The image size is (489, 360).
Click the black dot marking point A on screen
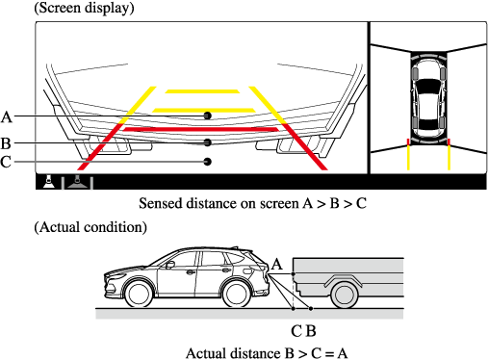click(x=208, y=116)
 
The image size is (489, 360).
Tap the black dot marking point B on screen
click(x=208, y=142)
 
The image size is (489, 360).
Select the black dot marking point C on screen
click(x=208, y=162)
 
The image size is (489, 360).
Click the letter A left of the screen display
click(x=7, y=116)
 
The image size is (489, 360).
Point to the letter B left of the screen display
click(x=6, y=143)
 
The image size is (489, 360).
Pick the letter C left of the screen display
click(x=6, y=162)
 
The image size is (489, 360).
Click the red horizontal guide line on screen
click(x=201, y=129)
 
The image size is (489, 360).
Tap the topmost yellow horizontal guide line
click(x=202, y=91)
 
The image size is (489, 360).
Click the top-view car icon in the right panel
click(x=428, y=98)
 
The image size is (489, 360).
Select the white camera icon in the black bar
click(x=49, y=182)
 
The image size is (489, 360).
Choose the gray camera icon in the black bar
click(x=77, y=182)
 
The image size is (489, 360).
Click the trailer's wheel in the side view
click(x=344, y=295)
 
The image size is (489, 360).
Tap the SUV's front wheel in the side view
click(x=139, y=294)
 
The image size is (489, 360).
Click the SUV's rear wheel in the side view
click(x=236, y=294)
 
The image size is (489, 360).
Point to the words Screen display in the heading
click(x=84, y=8)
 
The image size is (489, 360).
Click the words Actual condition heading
click(x=90, y=227)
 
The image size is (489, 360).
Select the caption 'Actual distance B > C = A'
click(x=267, y=353)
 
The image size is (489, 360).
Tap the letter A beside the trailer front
click(x=277, y=265)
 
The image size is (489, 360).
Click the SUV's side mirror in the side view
click(x=170, y=265)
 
